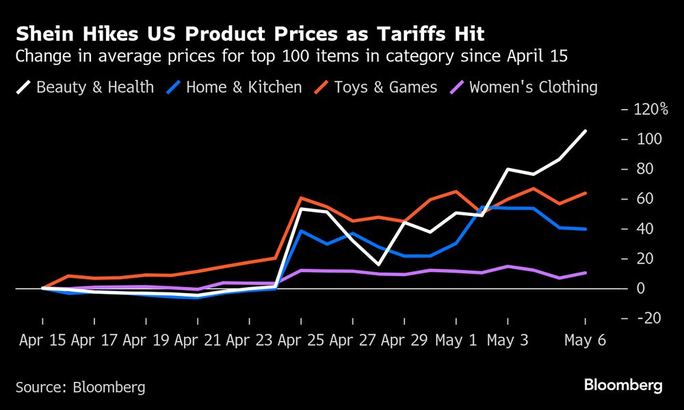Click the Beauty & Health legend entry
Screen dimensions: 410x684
pos(85,87)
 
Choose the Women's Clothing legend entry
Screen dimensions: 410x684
pos(523,87)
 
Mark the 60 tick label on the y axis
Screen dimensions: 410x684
pos(645,199)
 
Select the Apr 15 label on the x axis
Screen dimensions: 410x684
pos(42,340)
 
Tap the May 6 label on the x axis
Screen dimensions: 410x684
pos(585,340)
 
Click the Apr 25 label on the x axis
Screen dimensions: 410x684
pos(300,340)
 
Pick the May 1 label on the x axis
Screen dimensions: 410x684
pos(456,340)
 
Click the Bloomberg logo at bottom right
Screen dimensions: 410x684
pos(622,386)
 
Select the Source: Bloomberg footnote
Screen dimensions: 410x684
pos(81,387)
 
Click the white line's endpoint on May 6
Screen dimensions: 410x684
pos(586,131)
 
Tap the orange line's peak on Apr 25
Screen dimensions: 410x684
pos(301,197)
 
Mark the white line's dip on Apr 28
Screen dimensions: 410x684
pos(378,264)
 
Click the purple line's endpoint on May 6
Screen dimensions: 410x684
pos(586,273)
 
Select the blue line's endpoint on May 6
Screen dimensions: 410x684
pos(586,229)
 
